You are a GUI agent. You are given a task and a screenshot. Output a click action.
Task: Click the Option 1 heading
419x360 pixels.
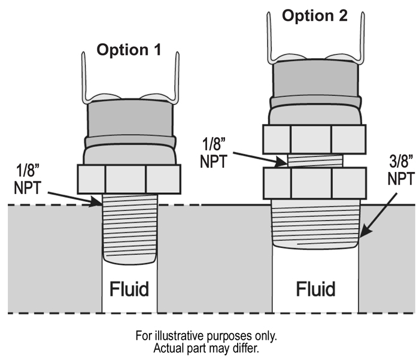point(129,50)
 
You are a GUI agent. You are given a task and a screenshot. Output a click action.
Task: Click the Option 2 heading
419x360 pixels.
point(314,16)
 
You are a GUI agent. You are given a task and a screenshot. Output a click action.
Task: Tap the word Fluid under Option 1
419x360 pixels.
point(129,289)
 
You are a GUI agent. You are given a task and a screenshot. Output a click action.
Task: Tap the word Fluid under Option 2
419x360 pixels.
point(315,289)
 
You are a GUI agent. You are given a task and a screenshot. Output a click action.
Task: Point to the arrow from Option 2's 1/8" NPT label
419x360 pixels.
point(257,158)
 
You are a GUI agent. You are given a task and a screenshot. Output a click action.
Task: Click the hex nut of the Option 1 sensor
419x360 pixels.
point(129,180)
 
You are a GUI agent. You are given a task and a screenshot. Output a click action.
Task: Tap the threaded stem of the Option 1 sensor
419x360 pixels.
point(130,231)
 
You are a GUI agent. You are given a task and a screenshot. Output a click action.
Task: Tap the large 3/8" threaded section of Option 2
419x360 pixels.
point(315,225)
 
